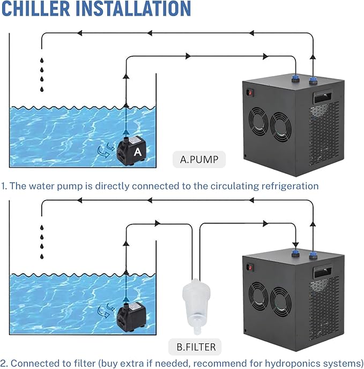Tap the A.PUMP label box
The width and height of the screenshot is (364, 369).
click(x=199, y=159)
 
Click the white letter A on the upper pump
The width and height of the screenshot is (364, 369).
click(x=138, y=152)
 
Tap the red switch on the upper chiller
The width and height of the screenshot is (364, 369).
click(x=248, y=92)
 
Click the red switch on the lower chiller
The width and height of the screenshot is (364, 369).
click(x=248, y=265)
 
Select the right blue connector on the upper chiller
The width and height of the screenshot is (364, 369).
click(x=313, y=80)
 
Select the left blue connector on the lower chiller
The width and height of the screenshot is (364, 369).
click(x=294, y=250)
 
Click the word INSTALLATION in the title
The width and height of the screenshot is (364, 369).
click(x=133, y=9)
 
